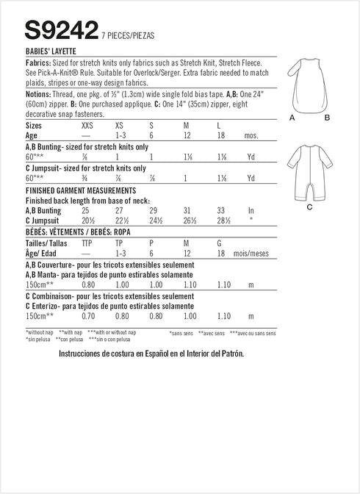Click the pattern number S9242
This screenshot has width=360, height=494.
pyautogui.click(x=62, y=30)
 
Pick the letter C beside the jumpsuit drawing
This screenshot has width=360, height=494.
pyautogui.click(x=309, y=208)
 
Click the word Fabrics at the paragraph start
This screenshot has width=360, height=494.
pyautogui.click(x=40, y=65)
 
